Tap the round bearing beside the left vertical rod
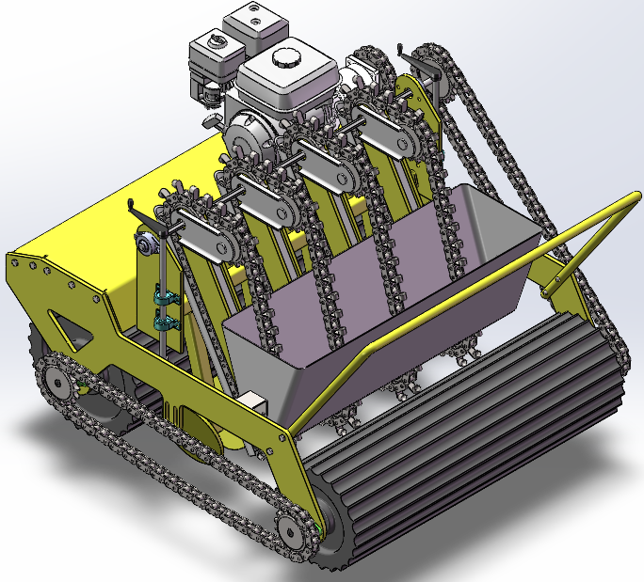click(x=145, y=246)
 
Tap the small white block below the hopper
click(x=256, y=400)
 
